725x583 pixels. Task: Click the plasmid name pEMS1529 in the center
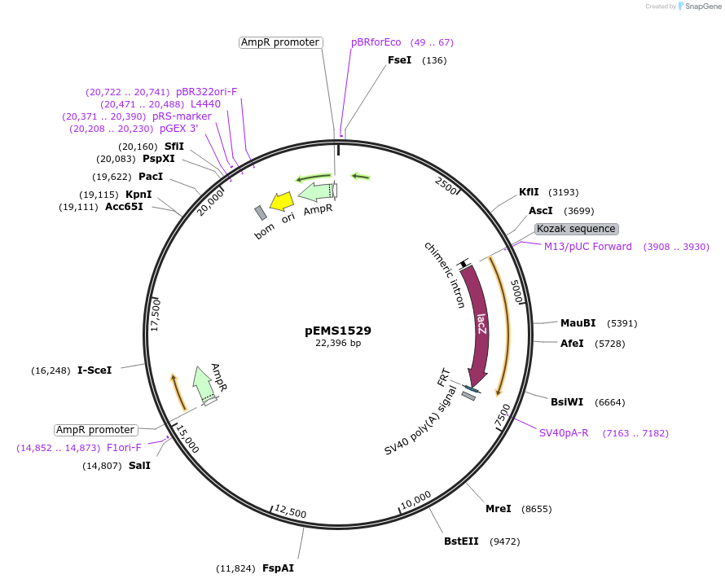(x=338, y=331)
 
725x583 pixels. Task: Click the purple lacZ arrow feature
(x=479, y=326)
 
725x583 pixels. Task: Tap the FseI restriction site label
(x=399, y=60)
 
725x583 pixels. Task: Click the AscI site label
(x=540, y=210)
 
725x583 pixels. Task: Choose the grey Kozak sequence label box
(x=576, y=229)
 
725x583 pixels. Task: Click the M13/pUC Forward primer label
(x=587, y=247)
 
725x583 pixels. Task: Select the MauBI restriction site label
(x=578, y=323)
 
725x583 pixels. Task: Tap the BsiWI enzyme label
(x=567, y=402)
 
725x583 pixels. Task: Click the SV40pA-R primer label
(x=564, y=433)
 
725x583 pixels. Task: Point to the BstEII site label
(x=461, y=541)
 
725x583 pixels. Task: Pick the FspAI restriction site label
(x=278, y=568)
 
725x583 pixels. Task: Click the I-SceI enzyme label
(x=94, y=370)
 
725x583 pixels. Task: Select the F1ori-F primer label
(x=124, y=448)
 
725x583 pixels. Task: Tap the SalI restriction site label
(x=139, y=466)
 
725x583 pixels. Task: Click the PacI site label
(x=151, y=177)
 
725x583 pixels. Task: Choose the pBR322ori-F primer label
(x=206, y=92)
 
